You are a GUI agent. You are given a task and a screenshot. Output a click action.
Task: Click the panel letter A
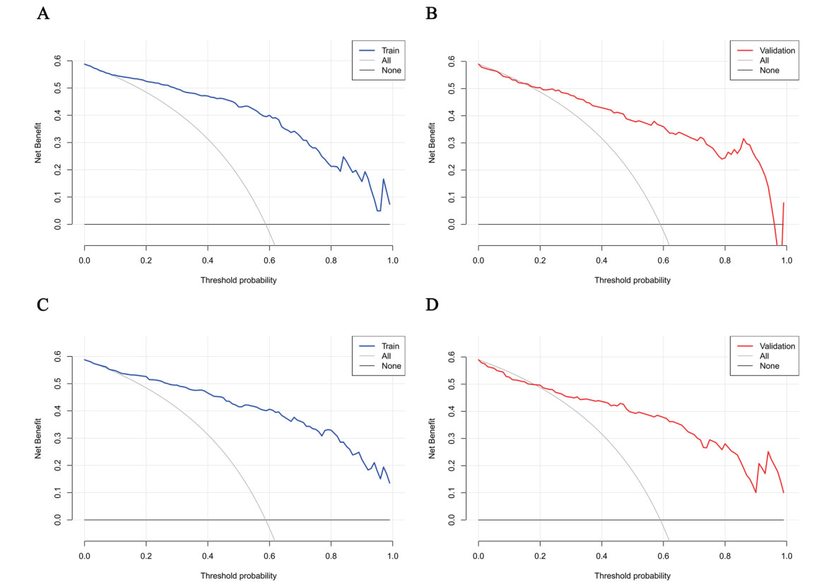point(43,13)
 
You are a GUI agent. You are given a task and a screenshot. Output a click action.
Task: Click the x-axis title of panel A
point(237,280)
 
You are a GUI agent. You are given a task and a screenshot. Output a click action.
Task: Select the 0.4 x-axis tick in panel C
point(208,556)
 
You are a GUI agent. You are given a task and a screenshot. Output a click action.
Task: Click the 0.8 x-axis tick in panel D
point(725,556)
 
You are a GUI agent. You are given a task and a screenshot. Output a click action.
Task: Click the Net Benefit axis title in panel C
point(40,438)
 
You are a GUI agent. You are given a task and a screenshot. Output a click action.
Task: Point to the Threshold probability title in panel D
point(632,575)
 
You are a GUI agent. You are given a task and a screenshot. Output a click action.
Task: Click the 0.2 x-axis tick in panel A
point(146,261)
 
